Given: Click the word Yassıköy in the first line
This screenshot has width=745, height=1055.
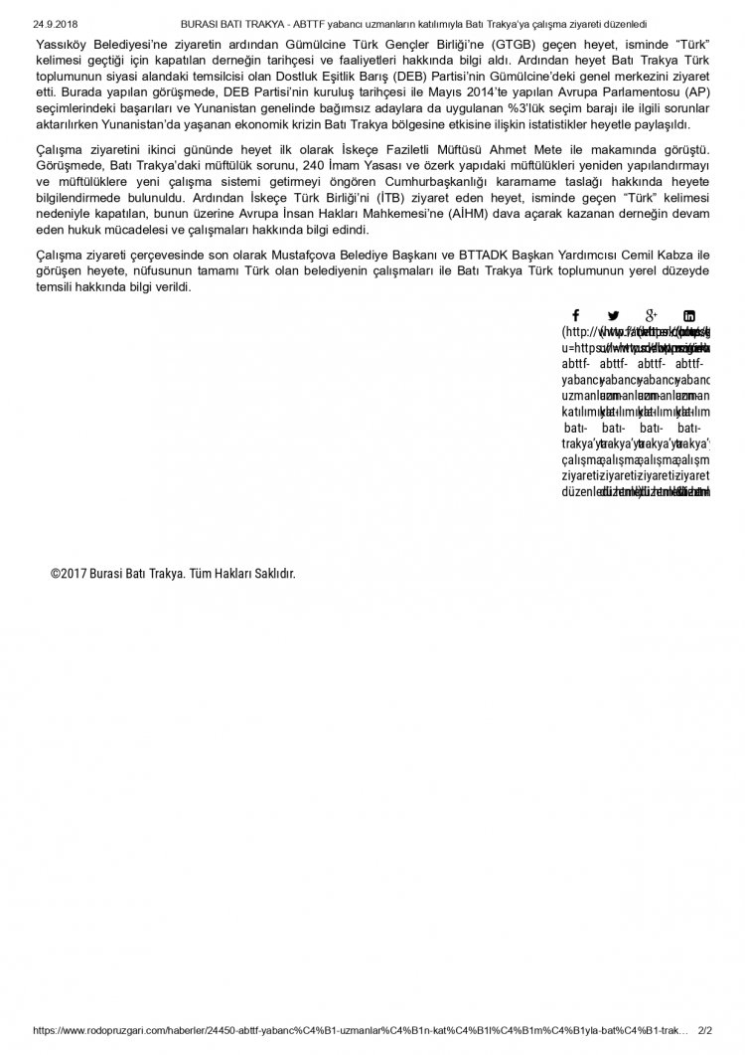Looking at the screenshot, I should tap(61, 46).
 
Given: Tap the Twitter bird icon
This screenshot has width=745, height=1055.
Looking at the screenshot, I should tap(613, 315).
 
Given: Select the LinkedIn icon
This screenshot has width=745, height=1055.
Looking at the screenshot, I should tap(689, 315).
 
